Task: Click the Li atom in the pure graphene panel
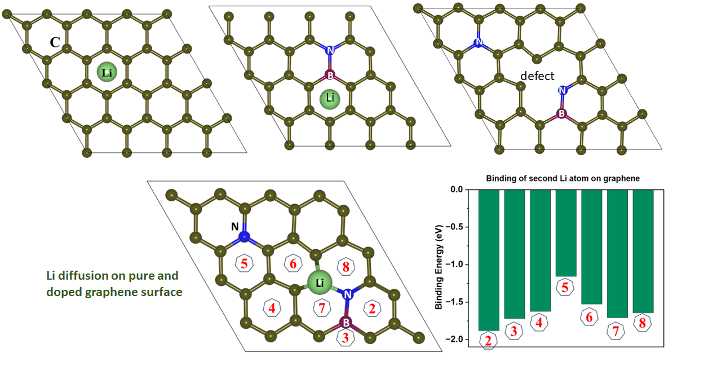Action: pos(107,73)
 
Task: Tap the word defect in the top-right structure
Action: pos(537,76)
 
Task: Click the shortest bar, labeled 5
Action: pos(565,233)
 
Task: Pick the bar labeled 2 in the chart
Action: pos(488,259)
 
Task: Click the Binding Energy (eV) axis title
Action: pos(440,264)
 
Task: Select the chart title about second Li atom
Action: pos(563,179)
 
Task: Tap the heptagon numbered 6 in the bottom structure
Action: pos(293,264)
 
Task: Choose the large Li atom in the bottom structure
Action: pos(320,283)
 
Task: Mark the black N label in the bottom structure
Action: pos(235,226)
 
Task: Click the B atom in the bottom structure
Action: pos(346,323)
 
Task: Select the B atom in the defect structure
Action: pos(561,113)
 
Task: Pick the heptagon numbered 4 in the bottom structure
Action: pos(272,308)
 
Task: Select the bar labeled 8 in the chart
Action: pos(643,251)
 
